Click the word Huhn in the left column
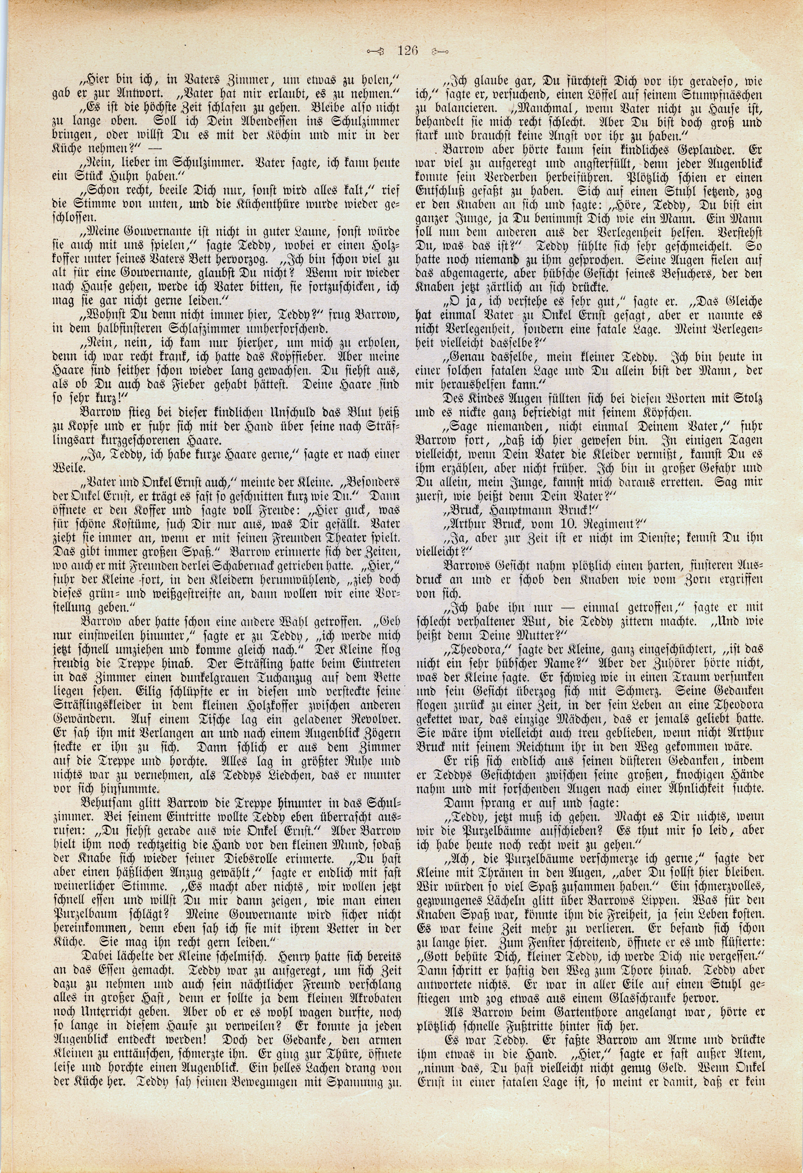123,175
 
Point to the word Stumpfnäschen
726,94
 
